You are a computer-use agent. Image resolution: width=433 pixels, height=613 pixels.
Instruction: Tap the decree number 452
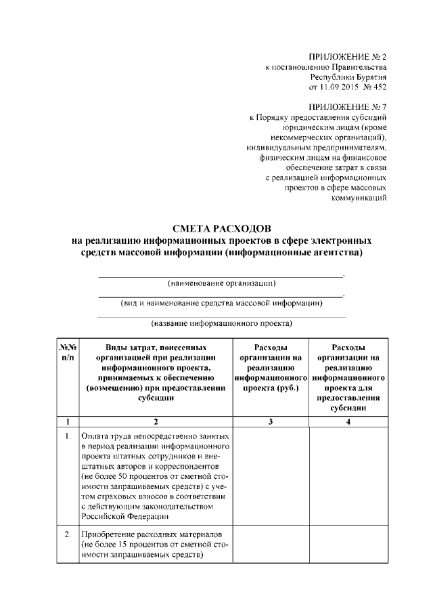[x=378, y=88]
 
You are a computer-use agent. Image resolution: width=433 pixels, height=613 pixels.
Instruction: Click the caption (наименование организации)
[x=221, y=283]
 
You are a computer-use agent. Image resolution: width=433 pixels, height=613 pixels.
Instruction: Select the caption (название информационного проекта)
[x=221, y=324]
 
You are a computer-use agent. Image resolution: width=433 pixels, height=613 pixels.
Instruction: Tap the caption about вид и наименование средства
[x=221, y=303]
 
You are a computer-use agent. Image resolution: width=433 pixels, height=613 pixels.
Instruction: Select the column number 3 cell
[x=270, y=422]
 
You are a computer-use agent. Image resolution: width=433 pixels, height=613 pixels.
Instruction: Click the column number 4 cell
[x=349, y=422]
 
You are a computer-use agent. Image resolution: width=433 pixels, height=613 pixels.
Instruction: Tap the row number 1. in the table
[x=68, y=436]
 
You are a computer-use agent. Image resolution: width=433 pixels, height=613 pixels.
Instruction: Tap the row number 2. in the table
[x=68, y=534]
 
